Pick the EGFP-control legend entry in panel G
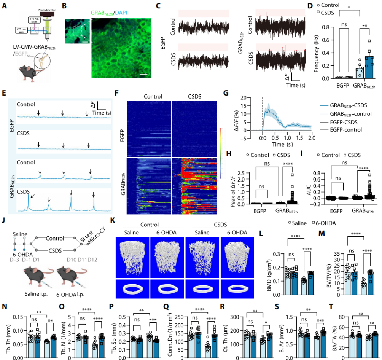pos(350,130)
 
